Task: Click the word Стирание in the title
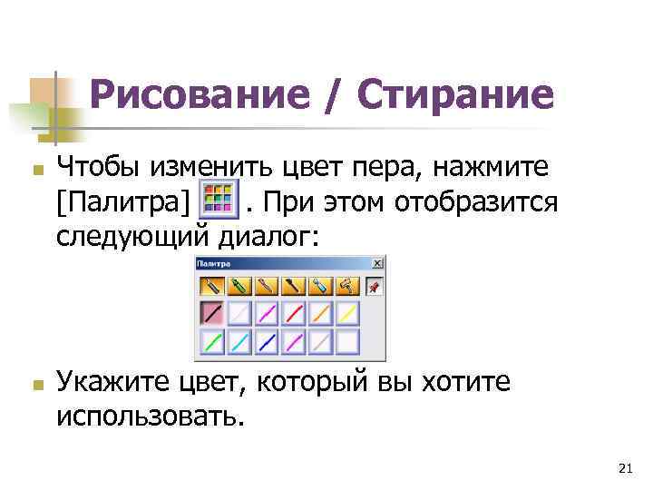tap(454, 94)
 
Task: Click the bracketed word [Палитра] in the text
tap(122, 201)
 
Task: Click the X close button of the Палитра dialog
tap(378, 263)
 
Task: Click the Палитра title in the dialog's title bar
tap(214, 263)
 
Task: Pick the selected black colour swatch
tap(211, 314)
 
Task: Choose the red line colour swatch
tap(293, 314)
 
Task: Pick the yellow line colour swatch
tap(347, 314)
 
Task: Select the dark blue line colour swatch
tap(266, 343)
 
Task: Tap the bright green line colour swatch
tap(211, 343)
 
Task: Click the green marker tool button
tap(239, 287)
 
